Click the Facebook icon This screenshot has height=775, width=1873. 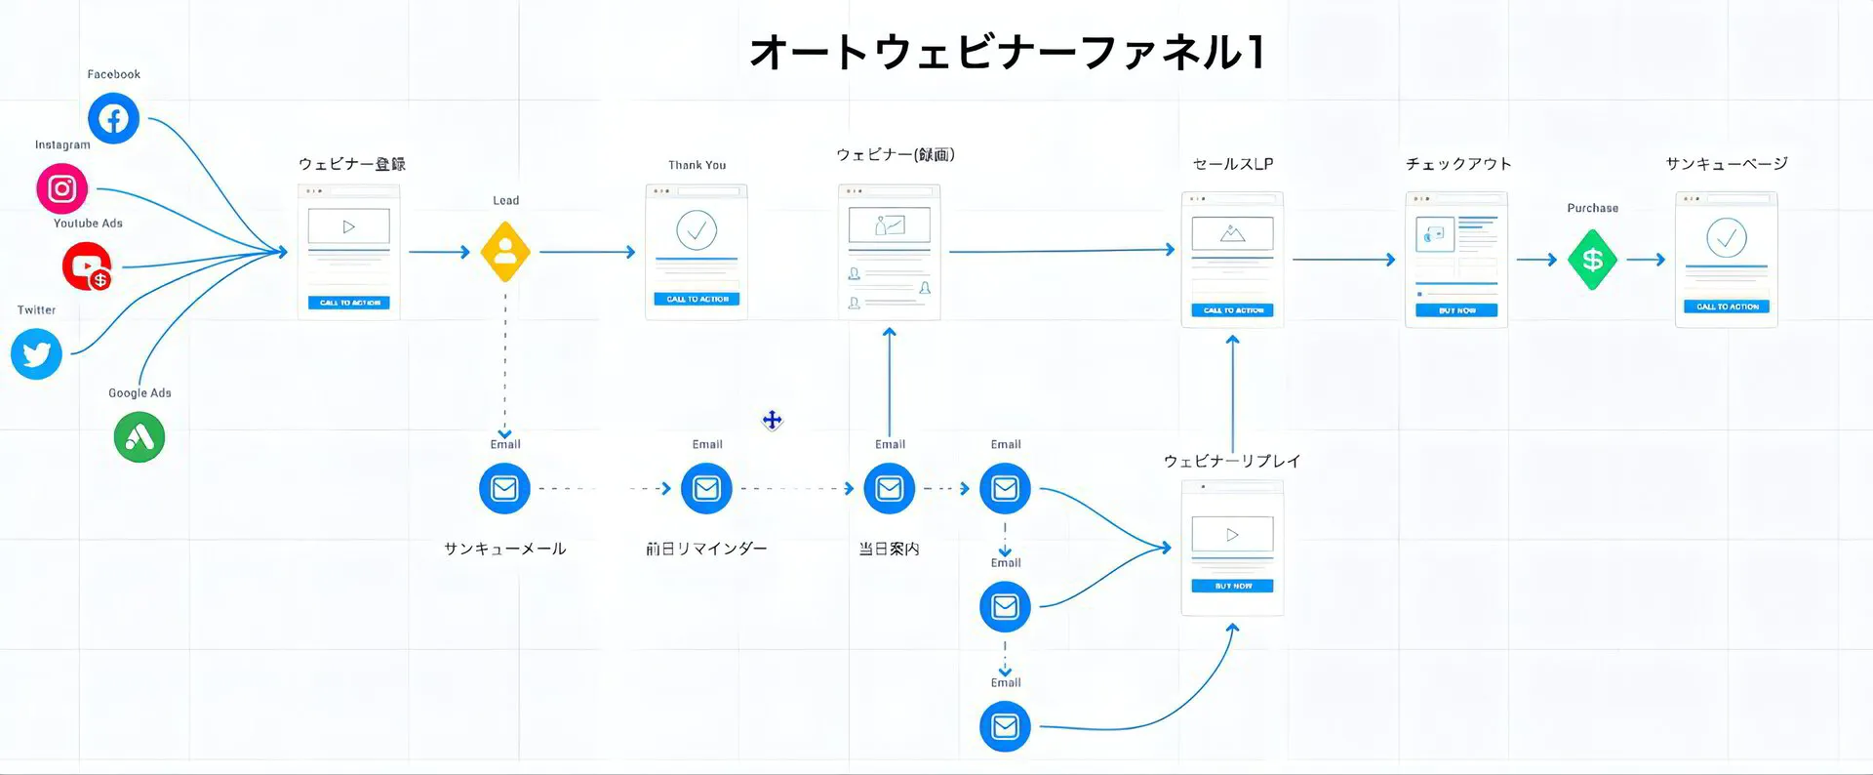click(x=113, y=118)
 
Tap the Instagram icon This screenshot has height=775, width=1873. click(x=62, y=188)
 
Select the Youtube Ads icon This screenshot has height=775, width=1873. click(x=87, y=265)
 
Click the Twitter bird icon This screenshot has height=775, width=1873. click(x=36, y=353)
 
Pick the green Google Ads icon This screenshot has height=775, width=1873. click(x=139, y=437)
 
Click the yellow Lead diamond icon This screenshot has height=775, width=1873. click(x=505, y=252)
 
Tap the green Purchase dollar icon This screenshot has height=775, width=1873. click(x=1592, y=260)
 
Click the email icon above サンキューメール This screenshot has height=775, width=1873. click(x=504, y=488)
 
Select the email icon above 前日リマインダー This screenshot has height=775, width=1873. click(x=706, y=488)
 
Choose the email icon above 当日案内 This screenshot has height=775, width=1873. click(x=889, y=488)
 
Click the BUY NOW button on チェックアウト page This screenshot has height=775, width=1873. click(x=1456, y=310)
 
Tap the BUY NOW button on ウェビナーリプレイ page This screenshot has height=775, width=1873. click(x=1232, y=586)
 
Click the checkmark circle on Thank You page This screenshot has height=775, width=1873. click(x=697, y=230)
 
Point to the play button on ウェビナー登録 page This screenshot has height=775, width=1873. click(x=348, y=226)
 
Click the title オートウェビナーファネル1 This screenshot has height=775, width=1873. click(x=1008, y=53)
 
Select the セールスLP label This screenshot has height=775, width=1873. click(x=1233, y=164)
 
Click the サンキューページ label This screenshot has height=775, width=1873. click(x=1727, y=163)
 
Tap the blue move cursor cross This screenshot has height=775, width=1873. click(x=773, y=421)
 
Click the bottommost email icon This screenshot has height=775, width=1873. click(x=1005, y=727)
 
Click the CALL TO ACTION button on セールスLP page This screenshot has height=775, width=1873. click(x=1232, y=310)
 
